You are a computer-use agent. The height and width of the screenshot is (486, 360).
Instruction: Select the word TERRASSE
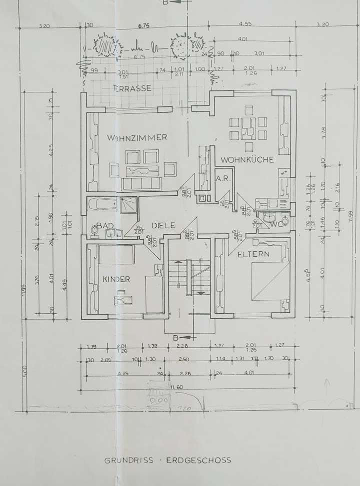point(132,88)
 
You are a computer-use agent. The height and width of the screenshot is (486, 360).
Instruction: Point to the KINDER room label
point(116,279)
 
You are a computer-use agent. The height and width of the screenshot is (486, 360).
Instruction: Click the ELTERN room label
point(253,254)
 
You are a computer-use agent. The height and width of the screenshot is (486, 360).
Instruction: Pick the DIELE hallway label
point(163,225)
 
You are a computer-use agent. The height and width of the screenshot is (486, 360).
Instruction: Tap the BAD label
point(105,226)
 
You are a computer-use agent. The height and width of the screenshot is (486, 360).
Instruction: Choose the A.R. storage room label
point(222,179)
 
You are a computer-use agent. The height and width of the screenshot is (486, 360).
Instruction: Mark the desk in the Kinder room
point(121,298)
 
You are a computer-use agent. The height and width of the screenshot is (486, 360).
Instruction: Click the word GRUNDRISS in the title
point(121,461)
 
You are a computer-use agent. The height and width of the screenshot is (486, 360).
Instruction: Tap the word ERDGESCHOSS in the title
point(200,461)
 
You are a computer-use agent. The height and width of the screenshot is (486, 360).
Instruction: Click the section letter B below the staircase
point(175,338)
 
